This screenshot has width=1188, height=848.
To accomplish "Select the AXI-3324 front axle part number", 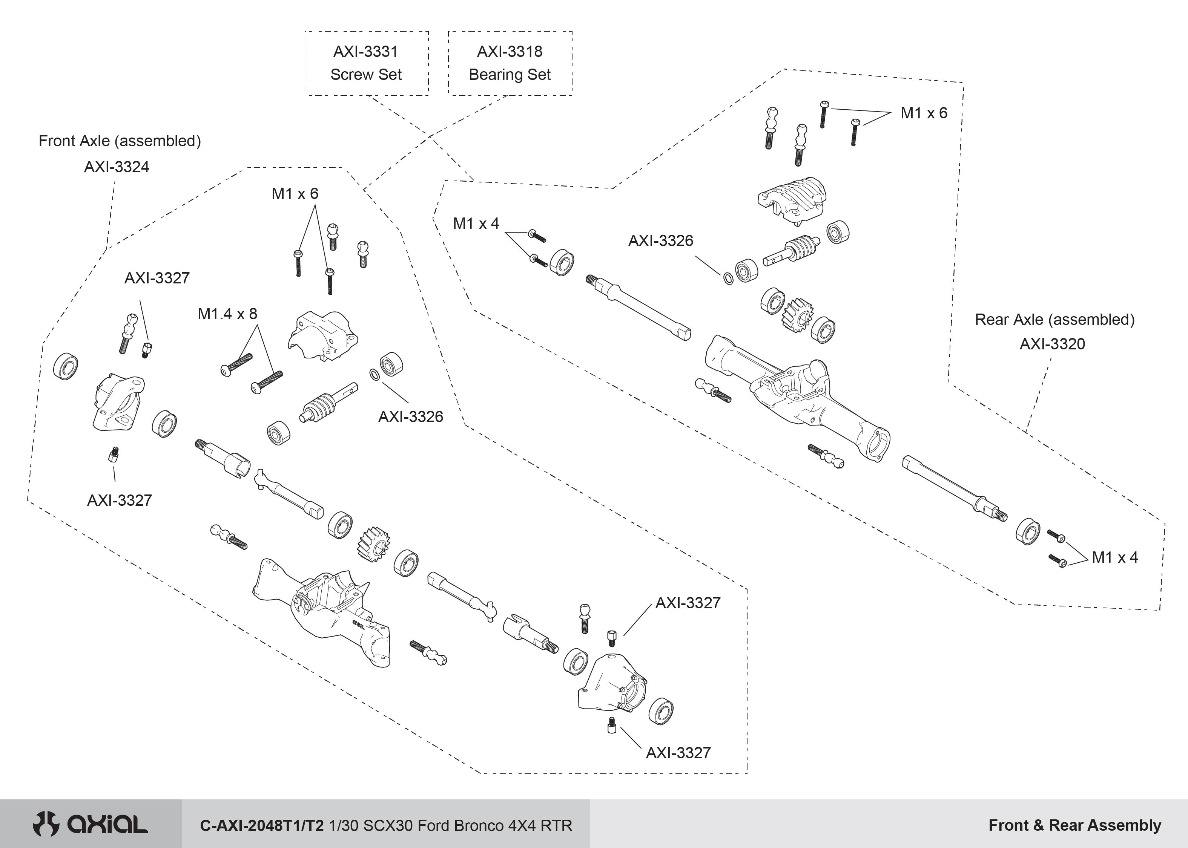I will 117,167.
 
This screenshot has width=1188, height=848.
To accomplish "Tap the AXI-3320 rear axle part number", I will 1052,344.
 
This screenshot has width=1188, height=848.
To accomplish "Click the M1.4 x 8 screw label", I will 227,314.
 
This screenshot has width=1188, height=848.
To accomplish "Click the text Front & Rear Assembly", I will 1074,825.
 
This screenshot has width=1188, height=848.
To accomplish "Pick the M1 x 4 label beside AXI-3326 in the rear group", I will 476,223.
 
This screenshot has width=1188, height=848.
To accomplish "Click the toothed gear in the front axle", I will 373,544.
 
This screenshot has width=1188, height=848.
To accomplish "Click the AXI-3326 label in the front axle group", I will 411,417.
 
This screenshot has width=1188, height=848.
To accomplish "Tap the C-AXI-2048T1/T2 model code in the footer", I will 262,825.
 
